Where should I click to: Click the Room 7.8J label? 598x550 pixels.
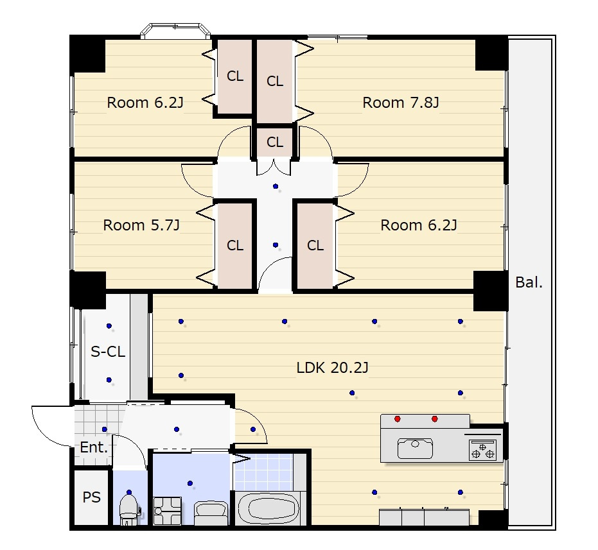400,103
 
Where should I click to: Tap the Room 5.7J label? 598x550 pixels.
141,225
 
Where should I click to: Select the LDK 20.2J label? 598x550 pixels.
332,368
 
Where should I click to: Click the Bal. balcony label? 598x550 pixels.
529,282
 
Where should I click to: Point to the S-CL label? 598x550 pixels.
108,352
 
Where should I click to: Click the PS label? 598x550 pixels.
91,497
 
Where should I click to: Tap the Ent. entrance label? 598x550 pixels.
94,447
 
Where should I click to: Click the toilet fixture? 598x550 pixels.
128,509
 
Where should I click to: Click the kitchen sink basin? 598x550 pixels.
415,448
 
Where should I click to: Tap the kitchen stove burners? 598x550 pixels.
482,450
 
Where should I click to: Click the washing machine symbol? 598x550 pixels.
167,511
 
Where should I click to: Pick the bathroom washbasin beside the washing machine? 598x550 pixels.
211,513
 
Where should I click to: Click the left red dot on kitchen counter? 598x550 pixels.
398,419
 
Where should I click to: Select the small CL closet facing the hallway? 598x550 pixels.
275,142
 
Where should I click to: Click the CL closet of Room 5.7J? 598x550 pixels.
234,245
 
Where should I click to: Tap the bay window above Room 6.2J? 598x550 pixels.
175,31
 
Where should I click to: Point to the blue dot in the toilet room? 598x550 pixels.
129,492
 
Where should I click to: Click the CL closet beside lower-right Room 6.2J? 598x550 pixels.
315,245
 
